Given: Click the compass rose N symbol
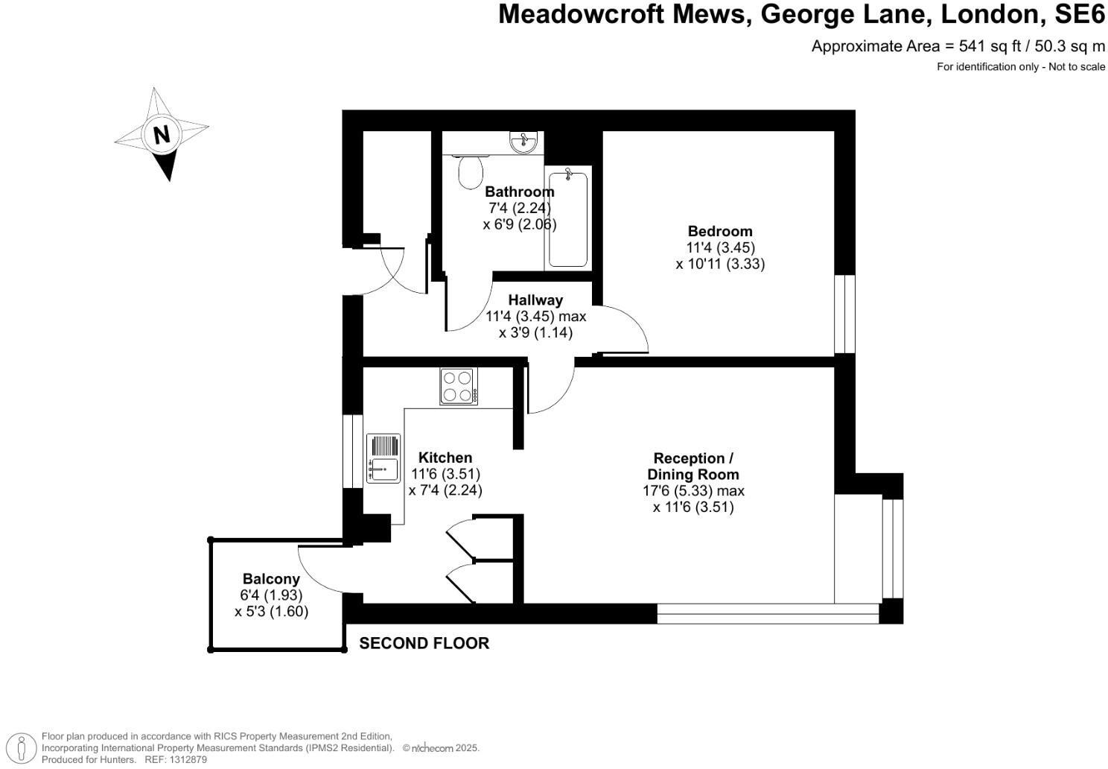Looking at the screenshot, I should click(162, 134).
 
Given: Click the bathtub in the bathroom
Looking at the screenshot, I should click(568, 218).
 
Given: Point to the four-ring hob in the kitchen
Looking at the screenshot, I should click(459, 386).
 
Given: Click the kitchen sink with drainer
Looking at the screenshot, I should click(383, 458).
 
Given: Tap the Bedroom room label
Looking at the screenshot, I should click(719, 231).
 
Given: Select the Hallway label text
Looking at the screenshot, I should click(535, 300).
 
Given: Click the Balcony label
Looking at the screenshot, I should click(271, 579).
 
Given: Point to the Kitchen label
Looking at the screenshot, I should click(445, 458).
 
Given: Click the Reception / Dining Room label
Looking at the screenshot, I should click(692, 466).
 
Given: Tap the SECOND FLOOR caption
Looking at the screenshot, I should click(424, 644).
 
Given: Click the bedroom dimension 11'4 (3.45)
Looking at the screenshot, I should click(720, 247).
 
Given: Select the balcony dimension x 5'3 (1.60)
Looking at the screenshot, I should click(271, 612).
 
